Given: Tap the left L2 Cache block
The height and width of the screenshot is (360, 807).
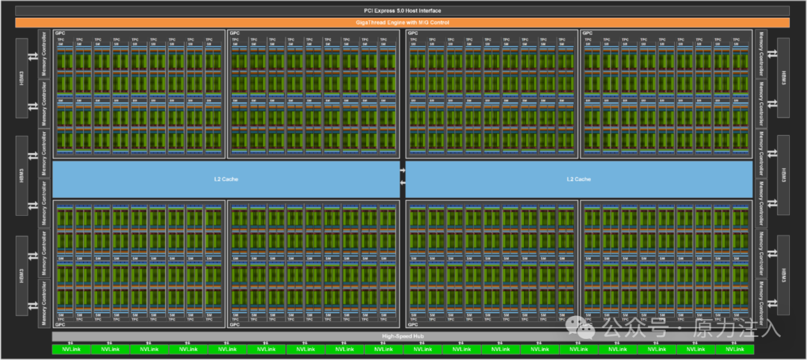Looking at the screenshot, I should click(x=226, y=179).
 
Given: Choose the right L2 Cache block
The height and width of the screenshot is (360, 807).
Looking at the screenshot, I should click(x=578, y=179).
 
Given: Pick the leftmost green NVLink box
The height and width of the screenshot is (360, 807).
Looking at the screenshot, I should click(x=71, y=349).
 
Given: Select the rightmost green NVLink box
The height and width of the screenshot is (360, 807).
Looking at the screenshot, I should click(x=735, y=349).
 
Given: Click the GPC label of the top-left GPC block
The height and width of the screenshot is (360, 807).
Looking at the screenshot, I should click(x=60, y=34).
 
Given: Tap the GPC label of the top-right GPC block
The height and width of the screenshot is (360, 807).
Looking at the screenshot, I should click(x=588, y=34).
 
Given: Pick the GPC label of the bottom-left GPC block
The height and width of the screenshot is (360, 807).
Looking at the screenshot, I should click(x=60, y=324).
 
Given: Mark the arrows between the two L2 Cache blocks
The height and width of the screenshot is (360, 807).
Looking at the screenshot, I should click(x=403, y=176).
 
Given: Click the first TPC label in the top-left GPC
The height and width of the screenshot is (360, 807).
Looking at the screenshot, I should click(x=61, y=39).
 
